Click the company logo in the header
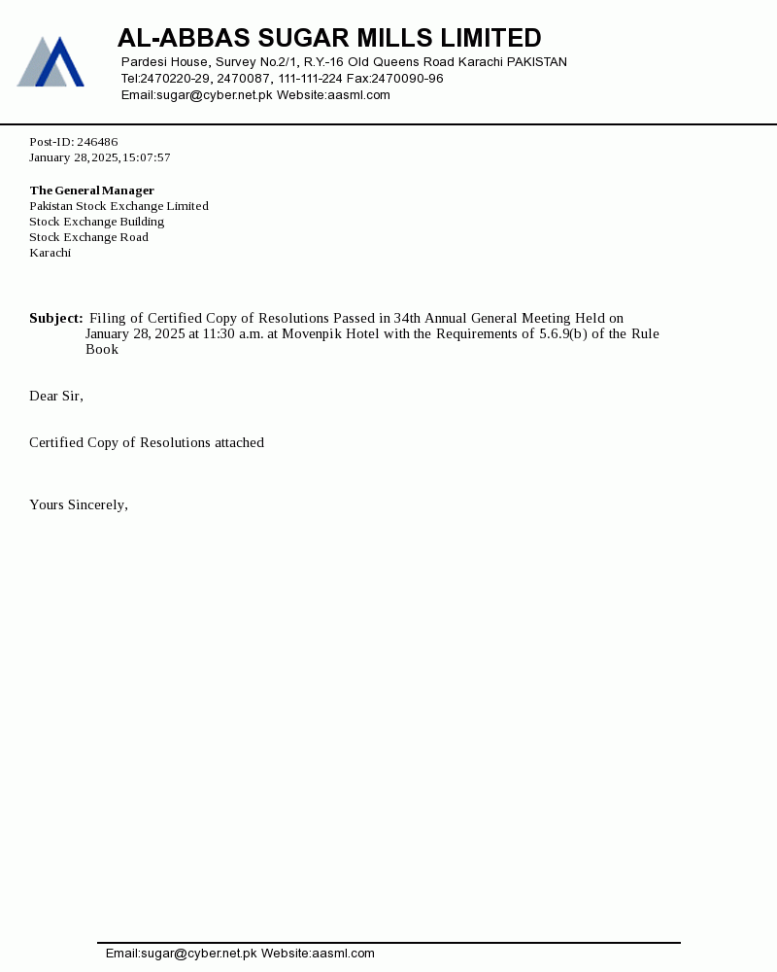pos(51,62)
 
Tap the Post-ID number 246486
pos(97,142)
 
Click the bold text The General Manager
pos(92,191)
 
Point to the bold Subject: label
pos(56,318)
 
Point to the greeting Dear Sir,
pos(56,396)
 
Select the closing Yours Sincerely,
pos(79,504)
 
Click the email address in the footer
pos(182,954)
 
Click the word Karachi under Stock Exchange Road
pos(51,253)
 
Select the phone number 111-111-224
pos(310,79)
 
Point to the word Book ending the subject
pos(102,349)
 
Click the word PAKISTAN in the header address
pos(537,62)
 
